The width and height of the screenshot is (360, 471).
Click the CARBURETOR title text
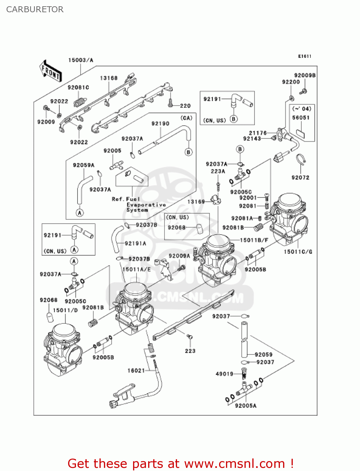coord(35,9)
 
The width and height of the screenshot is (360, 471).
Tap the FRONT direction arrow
coord(50,71)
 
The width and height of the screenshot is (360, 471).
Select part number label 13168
coord(109,78)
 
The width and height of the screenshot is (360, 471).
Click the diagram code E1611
coord(304,56)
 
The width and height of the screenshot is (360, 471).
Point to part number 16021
coord(136,371)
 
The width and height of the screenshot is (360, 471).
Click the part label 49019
coord(224,374)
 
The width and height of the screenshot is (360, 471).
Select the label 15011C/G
coord(298,252)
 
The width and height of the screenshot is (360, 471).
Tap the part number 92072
coord(300,177)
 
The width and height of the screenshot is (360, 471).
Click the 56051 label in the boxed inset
coord(301,117)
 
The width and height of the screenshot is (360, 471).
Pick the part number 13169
coord(196,202)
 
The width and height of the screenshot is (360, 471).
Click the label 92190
coord(160,123)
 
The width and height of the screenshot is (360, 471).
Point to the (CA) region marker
coord(186,118)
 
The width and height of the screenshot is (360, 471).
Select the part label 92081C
coord(78,87)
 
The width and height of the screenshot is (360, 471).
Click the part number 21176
coord(258,133)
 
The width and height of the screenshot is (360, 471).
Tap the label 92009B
coord(305,75)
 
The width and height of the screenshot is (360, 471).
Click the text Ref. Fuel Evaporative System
coord(138,204)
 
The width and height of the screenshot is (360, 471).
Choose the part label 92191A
coord(135,243)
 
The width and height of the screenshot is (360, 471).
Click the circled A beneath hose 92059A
coord(80,213)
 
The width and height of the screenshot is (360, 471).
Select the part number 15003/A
coord(81,60)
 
